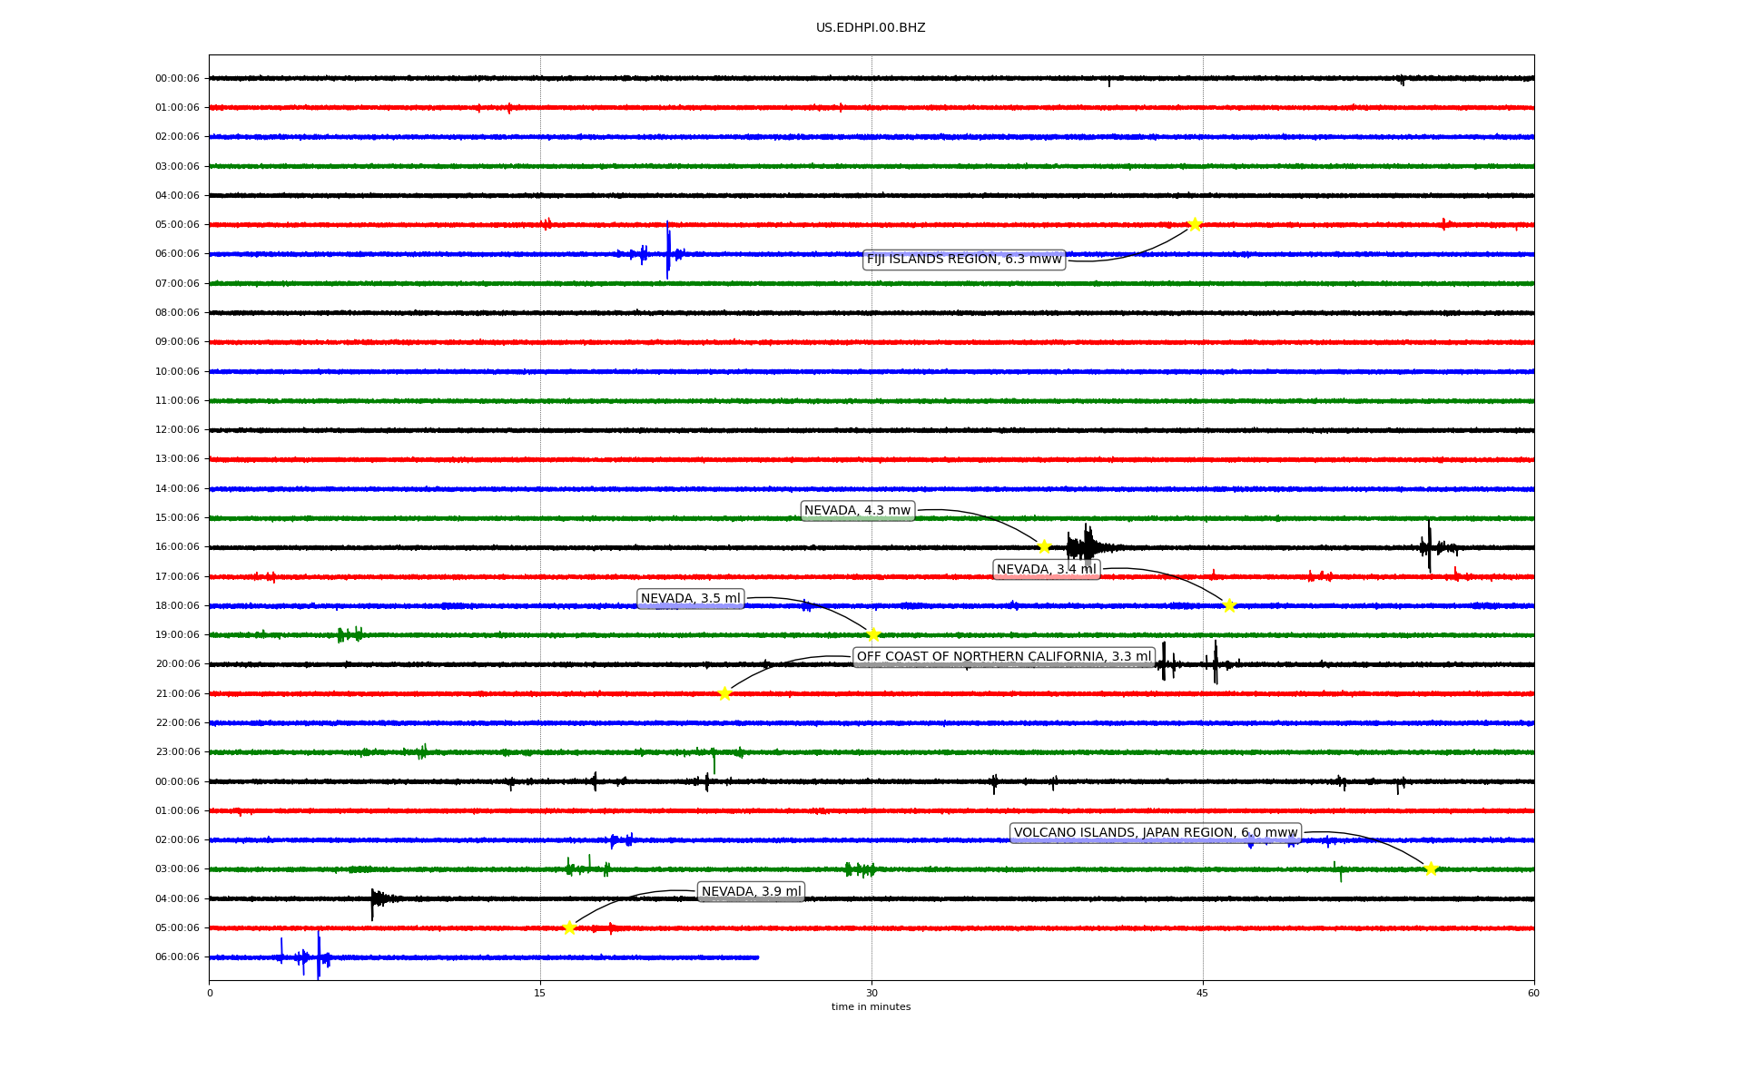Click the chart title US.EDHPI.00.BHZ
pos(871,28)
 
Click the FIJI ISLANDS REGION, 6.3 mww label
pos(964,260)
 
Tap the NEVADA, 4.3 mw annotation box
pos(857,511)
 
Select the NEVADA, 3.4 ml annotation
pos(1047,570)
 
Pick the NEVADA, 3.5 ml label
pos(691,599)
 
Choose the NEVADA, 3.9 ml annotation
pos(752,892)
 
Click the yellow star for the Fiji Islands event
pos(1195,224)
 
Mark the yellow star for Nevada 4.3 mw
pos(1044,546)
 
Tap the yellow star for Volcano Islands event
pos(1431,868)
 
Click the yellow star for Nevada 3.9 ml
pos(569,927)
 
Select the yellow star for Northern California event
pos(724,693)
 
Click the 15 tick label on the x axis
pos(540,993)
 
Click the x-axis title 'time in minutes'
pos(871,1007)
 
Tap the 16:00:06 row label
pos(177,547)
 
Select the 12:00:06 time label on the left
pos(177,430)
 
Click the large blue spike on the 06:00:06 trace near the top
pos(667,250)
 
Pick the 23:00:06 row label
pos(177,752)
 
